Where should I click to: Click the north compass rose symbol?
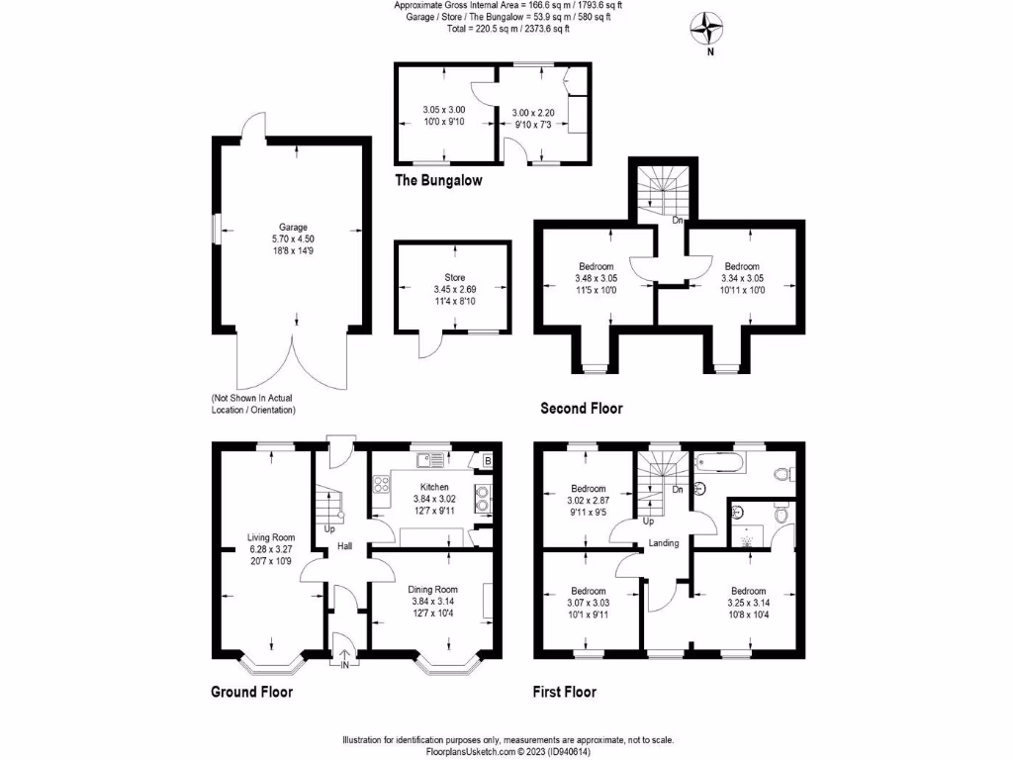[708, 28]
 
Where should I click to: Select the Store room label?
[454, 278]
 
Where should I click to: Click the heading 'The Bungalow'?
[438, 181]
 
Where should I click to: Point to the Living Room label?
[272, 538]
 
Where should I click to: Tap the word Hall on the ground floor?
[343, 545]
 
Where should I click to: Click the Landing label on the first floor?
[663, 542]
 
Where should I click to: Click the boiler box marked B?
[487, 460]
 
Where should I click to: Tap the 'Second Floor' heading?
[582, 408]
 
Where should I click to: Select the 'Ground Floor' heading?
[252, 692]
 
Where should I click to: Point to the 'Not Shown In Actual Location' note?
[253, 404]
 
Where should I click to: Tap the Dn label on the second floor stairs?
[678, 220]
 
